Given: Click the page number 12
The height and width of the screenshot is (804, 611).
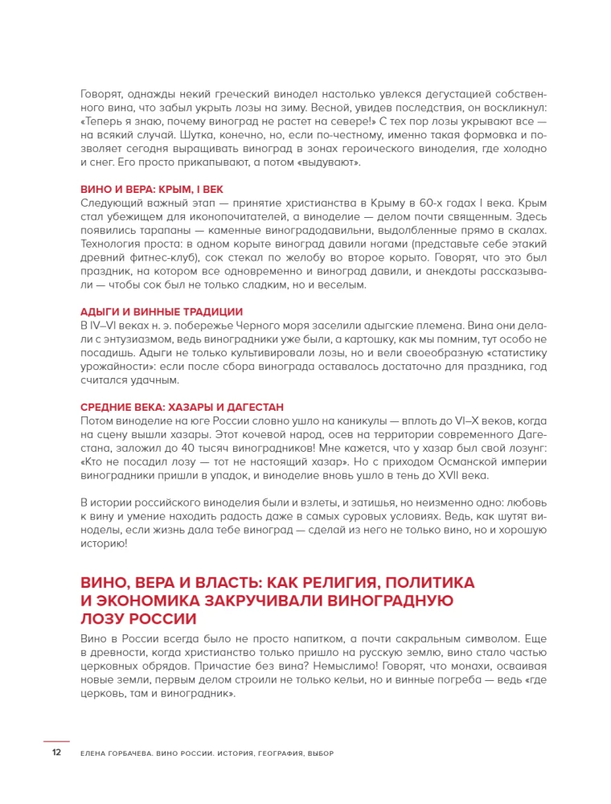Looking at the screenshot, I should (x=56, y=753).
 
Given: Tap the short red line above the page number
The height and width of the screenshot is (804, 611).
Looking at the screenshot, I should (x=56, y=740).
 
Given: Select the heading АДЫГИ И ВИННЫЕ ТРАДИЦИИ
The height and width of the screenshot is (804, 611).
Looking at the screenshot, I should (x=162, y=311).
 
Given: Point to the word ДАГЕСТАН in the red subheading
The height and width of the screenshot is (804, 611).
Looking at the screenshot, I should (x=256, y=407).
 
